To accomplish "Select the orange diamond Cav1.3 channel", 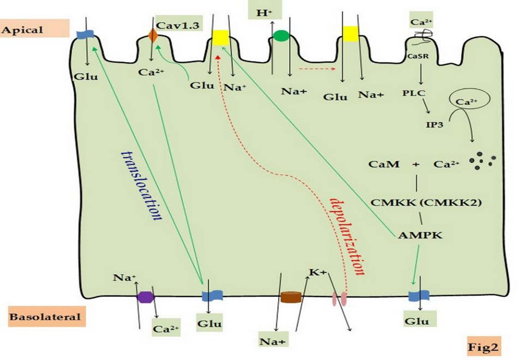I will pos(153,36).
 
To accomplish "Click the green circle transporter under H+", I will pos(281,36).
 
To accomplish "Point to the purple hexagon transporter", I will pos(146,297).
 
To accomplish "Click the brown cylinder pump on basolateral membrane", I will pos(291,297).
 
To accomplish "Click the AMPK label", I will pos(420,235).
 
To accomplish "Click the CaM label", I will pos(384,164).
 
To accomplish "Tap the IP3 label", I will pos(434,124).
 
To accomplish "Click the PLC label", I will pos(414,93).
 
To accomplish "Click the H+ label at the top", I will pos(264,13).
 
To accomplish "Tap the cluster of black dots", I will pos(483,161).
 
